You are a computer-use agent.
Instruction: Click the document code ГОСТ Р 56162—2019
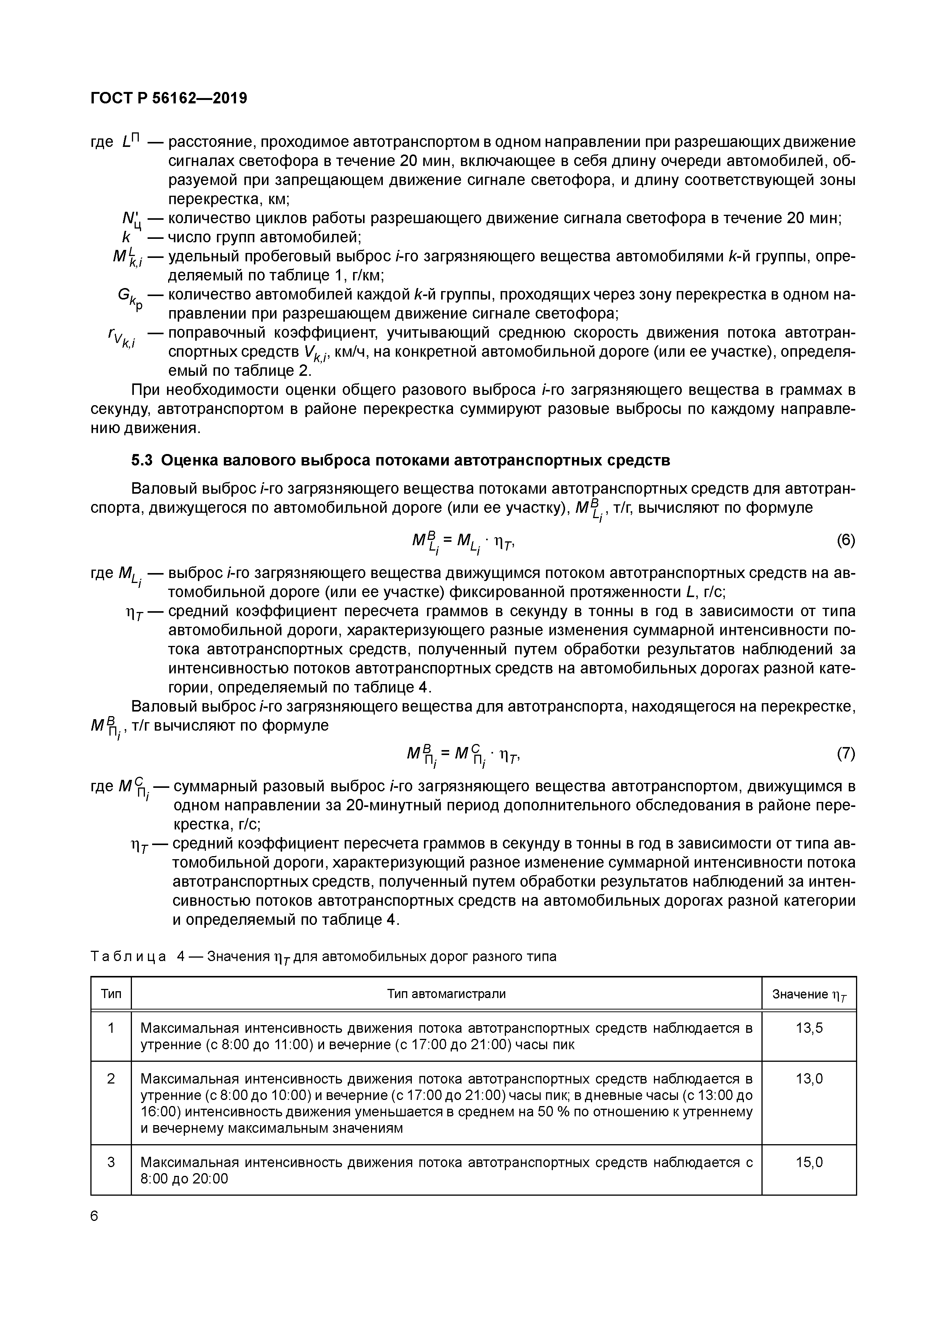click(x=169, y=98)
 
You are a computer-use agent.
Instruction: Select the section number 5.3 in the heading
click(x=142, y=460)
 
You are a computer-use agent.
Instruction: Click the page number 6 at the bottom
click(x=95, y=1216)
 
